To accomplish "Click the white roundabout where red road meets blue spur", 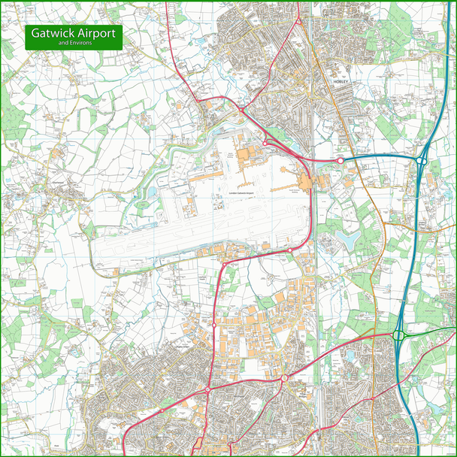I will [x=340, y=160].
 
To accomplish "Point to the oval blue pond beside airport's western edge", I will [x=153, y=192].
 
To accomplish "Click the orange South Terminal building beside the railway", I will [x=307, y=183].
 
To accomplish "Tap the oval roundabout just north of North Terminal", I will [x=265, y=142].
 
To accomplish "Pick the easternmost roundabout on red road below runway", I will [x=290, y=250].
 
